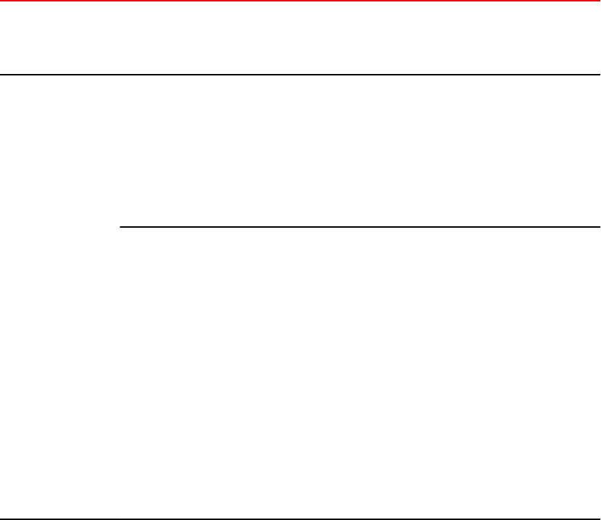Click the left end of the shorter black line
120,227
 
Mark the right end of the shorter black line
600,227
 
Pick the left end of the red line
1,1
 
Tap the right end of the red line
600,1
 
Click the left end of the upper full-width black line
1,75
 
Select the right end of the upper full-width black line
600,75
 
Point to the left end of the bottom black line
1,519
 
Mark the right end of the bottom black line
600,519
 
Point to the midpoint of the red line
300,1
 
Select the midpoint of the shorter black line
360,227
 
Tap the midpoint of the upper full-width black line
300,75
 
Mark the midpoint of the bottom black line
300,519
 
